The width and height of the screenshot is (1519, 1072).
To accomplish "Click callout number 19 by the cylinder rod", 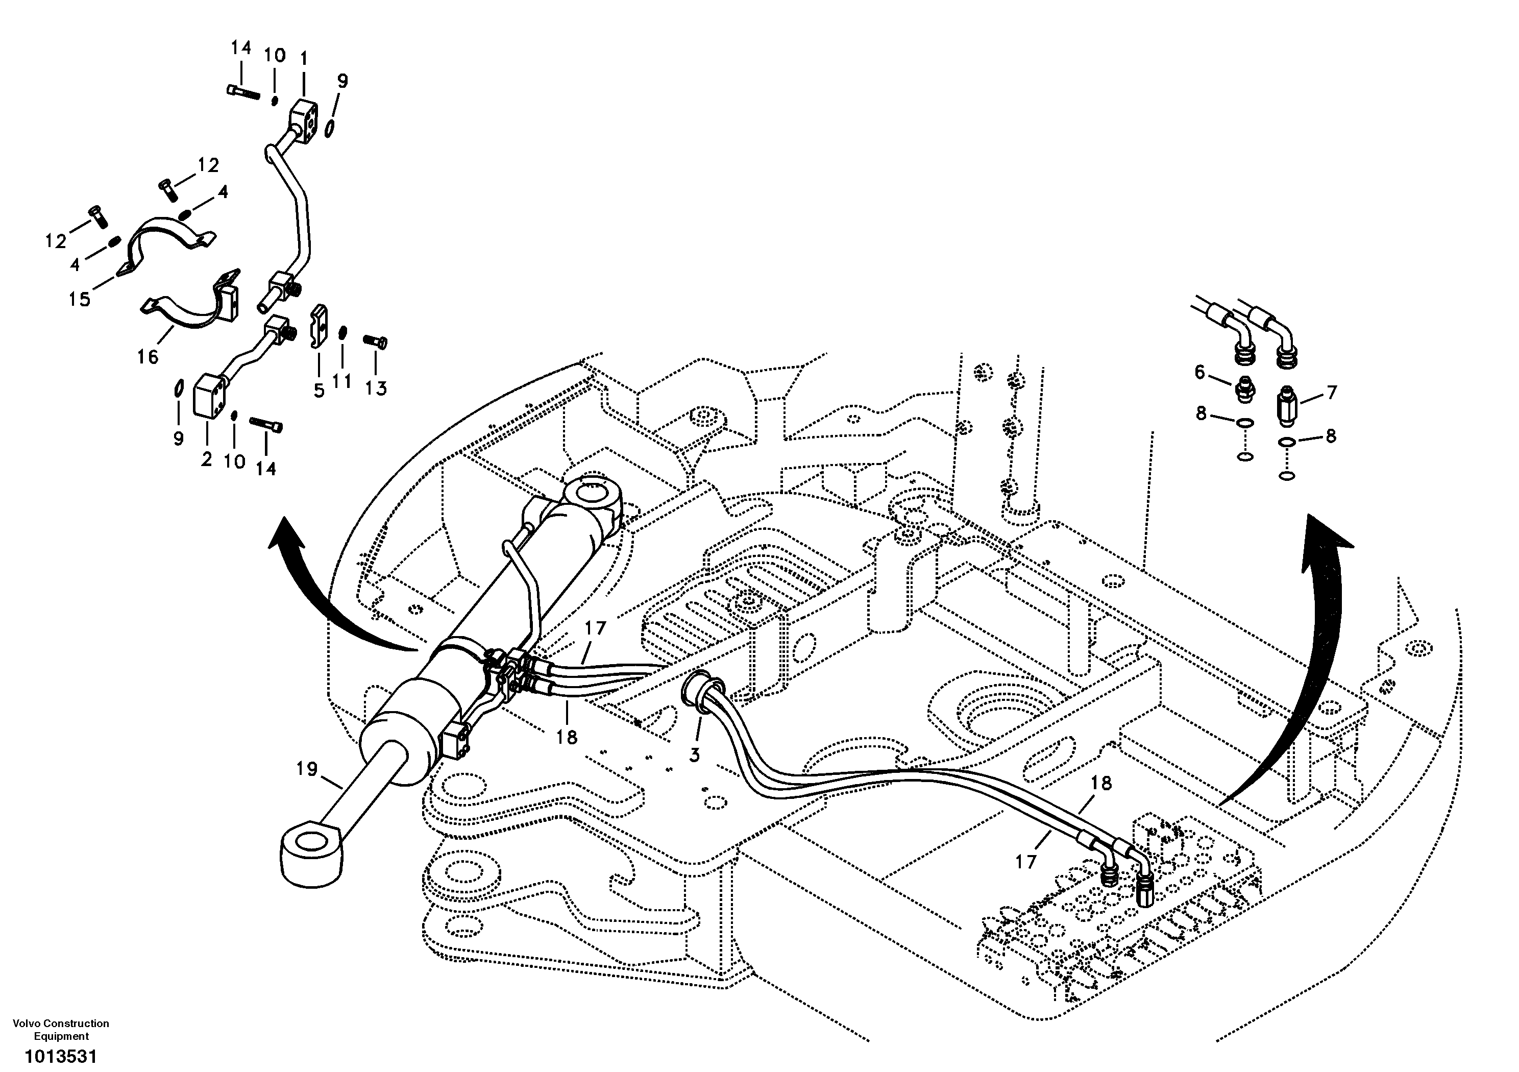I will pyautogui.click(x=306, y=769).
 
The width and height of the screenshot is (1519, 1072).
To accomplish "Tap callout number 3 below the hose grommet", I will pyautogui.click(x=694, y=755).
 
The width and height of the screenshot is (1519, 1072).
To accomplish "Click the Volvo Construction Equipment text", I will pyautogui.click(x=61, y=1030).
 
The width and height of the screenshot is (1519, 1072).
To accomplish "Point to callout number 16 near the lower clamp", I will pyautogui.click(x=148, y=357).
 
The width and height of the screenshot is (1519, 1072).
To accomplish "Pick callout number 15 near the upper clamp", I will pyautogui.click(x=80, y=300).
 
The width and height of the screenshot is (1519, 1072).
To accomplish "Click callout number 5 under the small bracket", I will pyautogui.click(x=319, y=391).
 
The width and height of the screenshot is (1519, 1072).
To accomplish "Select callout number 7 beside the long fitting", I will pyautogui.click(x=1332, y=393).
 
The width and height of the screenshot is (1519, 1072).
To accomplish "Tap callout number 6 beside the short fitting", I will pyautogui.click(x=1199, y=373).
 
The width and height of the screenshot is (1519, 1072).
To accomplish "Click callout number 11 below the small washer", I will pyautogui.click(x=342, y=381).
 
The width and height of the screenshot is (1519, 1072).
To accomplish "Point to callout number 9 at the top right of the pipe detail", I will pyautogui.click(x=341, y=81).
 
